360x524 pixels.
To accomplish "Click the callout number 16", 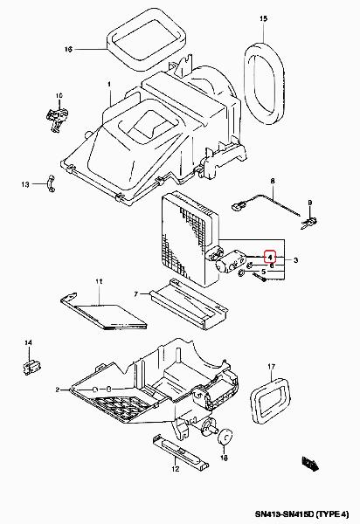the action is point(68,50).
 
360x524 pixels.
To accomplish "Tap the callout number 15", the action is point(263,18).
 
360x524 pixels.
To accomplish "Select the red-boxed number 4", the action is point(269,257).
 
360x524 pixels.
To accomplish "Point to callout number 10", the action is point(59,96).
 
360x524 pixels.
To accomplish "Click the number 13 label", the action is point(25,184).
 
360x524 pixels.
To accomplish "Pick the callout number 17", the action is point(271,367).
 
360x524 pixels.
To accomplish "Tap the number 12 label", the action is point(176,469).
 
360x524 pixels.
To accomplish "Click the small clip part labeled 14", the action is point(31,367).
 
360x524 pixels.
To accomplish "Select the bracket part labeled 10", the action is point(58,118).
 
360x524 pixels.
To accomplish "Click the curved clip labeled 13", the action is point(50,183).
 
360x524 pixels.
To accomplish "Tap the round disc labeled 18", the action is point(225,437).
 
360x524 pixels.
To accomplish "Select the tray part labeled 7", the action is point(189,305).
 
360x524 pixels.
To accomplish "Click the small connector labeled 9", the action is point(309,222).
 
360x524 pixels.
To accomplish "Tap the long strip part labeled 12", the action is point(181,451).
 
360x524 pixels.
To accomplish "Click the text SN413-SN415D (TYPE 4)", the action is point(301,514).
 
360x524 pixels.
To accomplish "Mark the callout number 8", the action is point(273,181).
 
